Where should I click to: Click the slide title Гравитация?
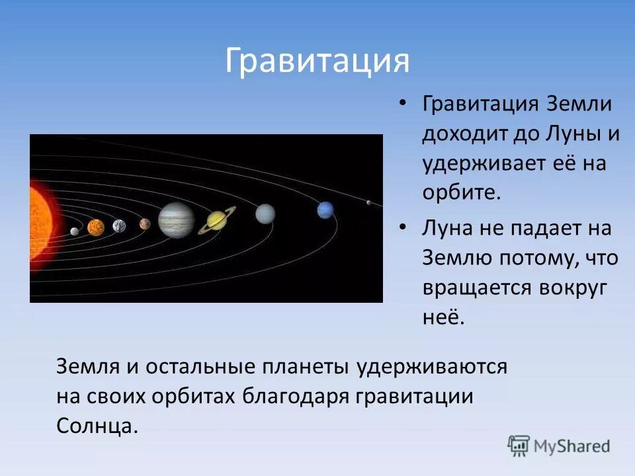coord(317,61)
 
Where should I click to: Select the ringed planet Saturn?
coord(217,220)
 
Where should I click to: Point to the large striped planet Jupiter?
coord(177,219)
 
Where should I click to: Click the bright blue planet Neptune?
coord(325,210)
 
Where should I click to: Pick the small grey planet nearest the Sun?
coord(75,231)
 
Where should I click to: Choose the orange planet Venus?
coord(96,227)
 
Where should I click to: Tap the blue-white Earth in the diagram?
coord(119,226)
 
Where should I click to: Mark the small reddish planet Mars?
coord(145,224)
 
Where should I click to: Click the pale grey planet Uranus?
coord(265,214)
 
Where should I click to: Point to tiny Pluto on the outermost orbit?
coord(368,202)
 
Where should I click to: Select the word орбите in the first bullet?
coord(462,192)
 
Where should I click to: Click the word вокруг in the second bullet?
coord(573,289)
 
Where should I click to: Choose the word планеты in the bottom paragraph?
coord(306,367)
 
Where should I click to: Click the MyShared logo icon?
coord(519,446)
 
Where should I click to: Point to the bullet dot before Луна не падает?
coord(402,227)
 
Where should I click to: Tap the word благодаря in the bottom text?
coord(296,396)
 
